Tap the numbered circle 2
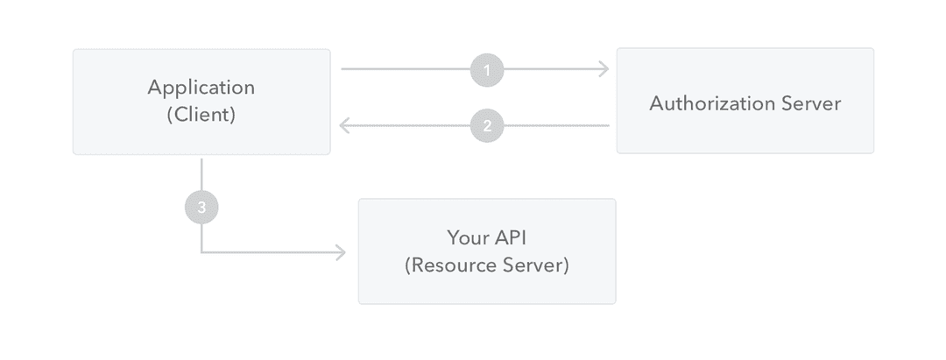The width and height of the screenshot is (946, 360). tap(487, 125)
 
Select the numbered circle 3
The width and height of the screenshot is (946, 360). tap(201, 208)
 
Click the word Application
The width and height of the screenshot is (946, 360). tap(201, 88)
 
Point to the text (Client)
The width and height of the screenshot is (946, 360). tap(201, 115)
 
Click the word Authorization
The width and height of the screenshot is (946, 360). tap(711, 103)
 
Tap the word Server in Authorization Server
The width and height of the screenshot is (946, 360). tap(810, 103)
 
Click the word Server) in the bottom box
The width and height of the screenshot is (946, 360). tap(539, 265)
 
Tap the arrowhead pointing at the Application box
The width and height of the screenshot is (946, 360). tap(344, 125)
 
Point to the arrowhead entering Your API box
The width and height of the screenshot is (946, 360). tap(342, 253)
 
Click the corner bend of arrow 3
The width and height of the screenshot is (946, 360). tap(201, 253)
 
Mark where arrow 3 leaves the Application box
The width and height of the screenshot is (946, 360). tap(201, 160)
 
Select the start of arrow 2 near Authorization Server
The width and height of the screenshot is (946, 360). tap(607, 125)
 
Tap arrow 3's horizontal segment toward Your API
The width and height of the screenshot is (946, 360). tap(272, 253)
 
